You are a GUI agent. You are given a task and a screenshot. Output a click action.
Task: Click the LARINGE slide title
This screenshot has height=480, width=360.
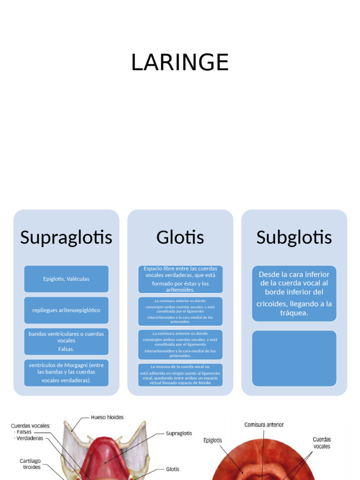pyautogui.click(x=180, y=62)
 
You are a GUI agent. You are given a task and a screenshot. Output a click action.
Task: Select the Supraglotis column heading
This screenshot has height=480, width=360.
pyautogui.click(x=66, y=237)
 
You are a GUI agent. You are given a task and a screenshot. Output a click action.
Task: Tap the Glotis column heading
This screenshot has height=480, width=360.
pyautogui.click(x=180, y=237)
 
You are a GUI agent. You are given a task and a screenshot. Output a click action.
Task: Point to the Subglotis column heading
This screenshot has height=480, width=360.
pyautogui.click(x=294, y=237)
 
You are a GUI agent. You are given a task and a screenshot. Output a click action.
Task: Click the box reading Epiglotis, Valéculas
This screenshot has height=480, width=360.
pyautogui.click(x=66, y=279)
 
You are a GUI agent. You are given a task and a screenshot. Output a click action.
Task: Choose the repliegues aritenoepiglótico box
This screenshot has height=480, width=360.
pyautogui.click(x=66, y=310)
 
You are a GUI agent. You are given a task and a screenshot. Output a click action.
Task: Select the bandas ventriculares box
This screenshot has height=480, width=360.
pyautogui.click(x=66, y=341)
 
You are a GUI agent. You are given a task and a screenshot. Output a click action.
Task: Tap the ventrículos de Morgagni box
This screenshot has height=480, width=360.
pyautogui.click(x=66, y=373)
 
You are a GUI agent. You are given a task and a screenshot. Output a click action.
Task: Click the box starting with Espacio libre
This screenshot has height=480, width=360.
pyautogui.click(x=180, y=279)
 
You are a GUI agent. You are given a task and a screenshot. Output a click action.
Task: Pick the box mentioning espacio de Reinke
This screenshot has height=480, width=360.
pyautogui.click(x=180, y=375)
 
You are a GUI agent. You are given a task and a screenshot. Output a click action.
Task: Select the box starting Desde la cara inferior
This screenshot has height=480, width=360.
pyautogui.click(x=294, y=293)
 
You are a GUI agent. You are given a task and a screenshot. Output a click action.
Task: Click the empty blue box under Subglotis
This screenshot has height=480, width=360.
pyautogui.click(x=294, y=358)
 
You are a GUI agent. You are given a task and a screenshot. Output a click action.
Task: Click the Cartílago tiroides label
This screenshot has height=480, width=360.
pyautogui.click(x=30, y=464)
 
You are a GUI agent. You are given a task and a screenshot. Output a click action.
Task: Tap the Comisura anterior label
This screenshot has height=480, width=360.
pyautogui.click(x=264, y=425)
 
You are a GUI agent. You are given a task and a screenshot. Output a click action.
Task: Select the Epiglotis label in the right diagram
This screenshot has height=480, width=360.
pyautogui.click(x=213, y=441)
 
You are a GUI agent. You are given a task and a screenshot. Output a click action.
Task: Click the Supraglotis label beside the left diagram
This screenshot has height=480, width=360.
pyautogui.click(x=179, y=434)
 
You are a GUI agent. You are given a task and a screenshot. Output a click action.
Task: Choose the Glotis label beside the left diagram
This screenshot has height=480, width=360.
pyautogui.click(x=172, y=469)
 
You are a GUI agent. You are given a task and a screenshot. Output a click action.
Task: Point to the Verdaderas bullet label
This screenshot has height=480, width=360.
pyautogui.click(x=30, y=439)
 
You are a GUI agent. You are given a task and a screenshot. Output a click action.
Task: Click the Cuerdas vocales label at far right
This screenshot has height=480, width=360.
pyautogui.click(x=322, y=443)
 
